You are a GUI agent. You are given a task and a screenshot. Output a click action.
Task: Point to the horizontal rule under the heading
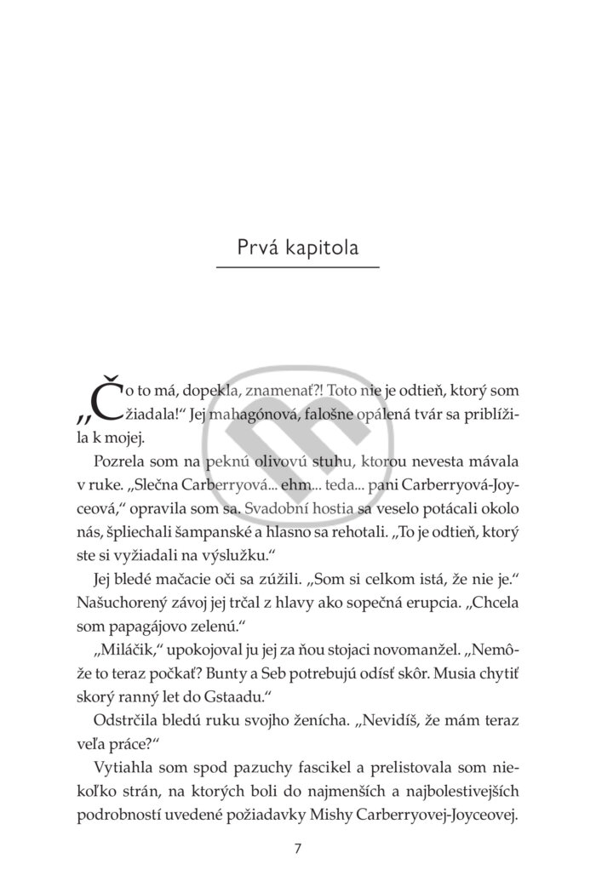click(297, 269)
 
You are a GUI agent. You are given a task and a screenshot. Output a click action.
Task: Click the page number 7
click(296, 849)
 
